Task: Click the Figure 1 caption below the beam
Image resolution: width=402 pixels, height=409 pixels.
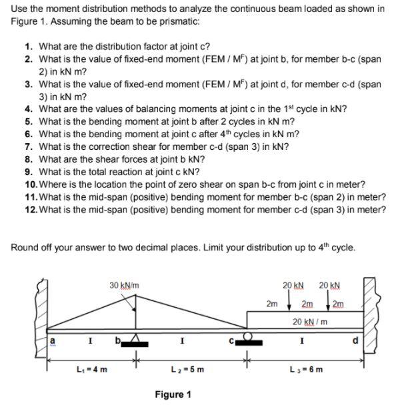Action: click(x=172, y=395)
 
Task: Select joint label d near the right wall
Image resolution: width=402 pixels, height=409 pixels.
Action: click(x=355, y=342)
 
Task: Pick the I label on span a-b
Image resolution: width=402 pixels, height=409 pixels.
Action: click(x=91, y=342)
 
